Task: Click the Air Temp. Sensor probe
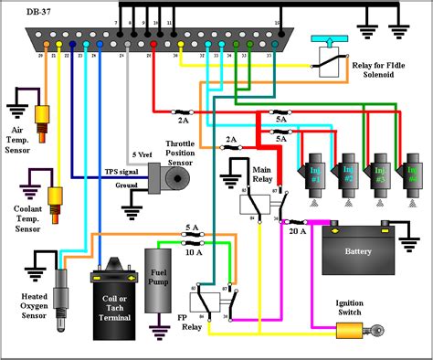41,117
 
